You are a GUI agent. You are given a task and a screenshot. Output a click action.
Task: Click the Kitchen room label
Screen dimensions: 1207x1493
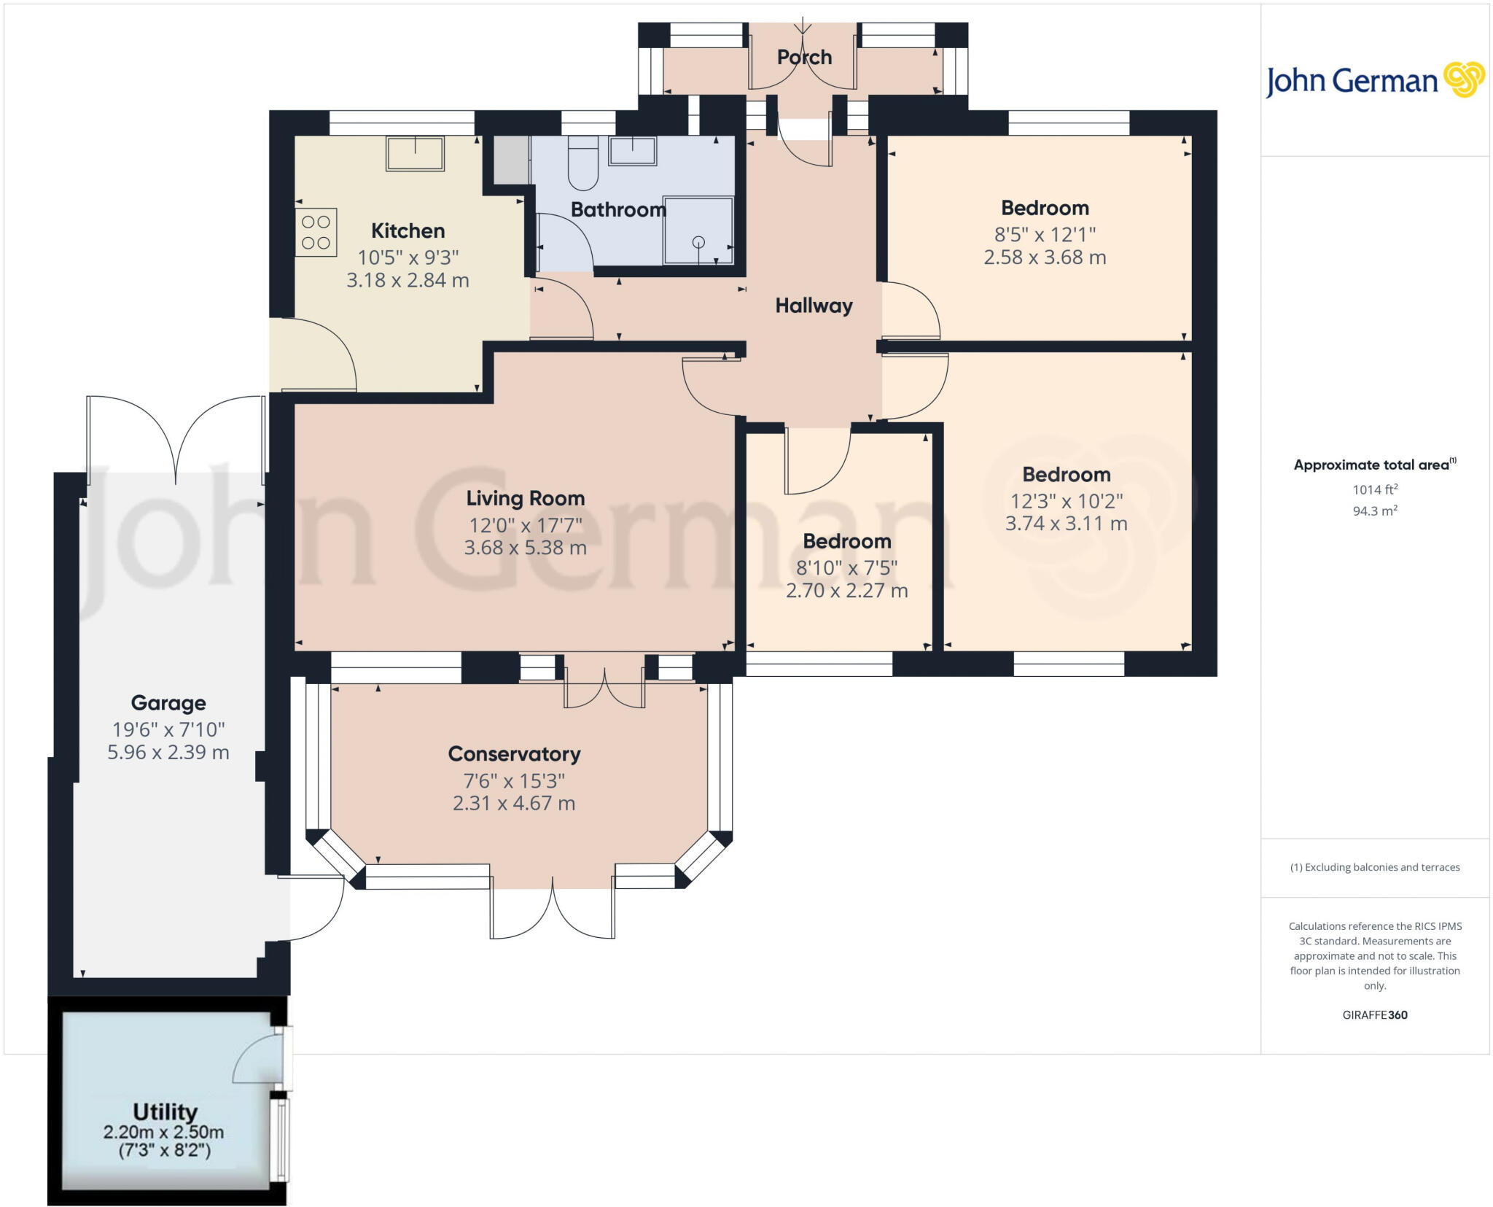(408, 231)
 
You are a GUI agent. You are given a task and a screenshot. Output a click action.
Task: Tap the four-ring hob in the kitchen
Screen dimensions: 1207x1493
(316, 232)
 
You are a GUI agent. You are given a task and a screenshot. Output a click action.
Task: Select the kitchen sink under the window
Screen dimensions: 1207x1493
(415, 153)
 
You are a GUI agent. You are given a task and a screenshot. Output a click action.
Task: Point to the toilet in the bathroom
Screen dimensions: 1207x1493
(582, 163)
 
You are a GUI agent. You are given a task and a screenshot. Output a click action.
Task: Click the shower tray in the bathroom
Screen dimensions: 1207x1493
(698, 230)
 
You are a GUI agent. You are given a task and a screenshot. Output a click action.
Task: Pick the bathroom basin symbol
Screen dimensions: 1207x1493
(633, 150)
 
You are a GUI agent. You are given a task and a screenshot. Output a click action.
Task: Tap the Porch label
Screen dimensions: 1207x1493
(804, 57)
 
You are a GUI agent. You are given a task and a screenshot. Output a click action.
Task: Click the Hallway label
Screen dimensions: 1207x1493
(814, 306)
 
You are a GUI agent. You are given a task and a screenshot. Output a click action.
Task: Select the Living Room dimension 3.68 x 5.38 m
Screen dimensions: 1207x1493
(525, 548)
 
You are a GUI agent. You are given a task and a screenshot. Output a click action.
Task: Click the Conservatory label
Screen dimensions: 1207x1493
(514, 754)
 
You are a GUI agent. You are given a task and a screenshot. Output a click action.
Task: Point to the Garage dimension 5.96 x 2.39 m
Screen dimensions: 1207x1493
(168, 753)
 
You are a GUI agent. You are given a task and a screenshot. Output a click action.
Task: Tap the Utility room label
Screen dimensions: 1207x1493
(165, 1111)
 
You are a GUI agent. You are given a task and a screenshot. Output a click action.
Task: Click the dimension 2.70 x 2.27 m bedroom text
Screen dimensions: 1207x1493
(846, 591)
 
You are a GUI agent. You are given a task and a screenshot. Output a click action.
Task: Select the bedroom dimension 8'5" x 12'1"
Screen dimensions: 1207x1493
(1045, 235)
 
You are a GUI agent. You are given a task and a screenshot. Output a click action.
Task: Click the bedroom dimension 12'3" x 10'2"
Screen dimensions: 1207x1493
(1066, 501)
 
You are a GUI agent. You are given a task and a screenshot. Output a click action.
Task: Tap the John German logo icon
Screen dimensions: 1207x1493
(1464, 79)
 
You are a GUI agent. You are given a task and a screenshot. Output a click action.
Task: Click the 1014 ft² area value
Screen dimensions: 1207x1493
(1375, 489)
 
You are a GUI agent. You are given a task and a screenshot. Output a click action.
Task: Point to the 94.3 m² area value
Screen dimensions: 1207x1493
(1375, 511)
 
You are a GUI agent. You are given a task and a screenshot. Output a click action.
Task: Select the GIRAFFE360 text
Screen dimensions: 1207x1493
(1375, 1014)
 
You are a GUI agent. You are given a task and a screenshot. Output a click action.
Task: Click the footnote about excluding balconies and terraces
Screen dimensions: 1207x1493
(1375, 867)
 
